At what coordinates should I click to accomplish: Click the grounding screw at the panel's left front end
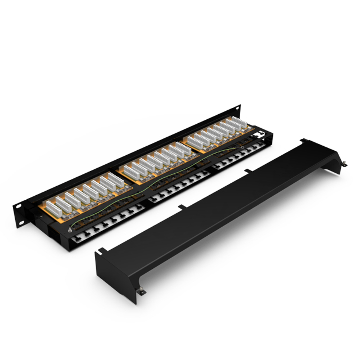[69, 228]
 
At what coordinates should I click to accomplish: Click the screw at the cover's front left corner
[142, 291]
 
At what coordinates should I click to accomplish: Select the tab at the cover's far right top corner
[303, 139]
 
